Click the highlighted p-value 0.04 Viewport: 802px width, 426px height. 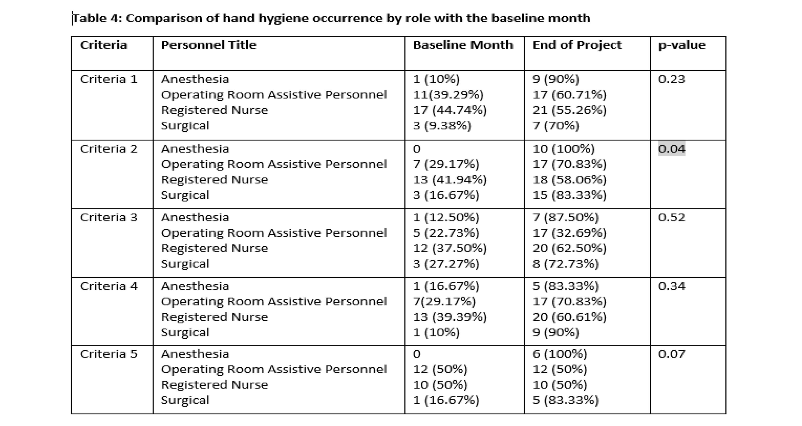pos(672,149)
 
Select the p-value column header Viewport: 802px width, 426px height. pos(682,45)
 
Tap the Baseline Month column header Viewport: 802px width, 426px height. pos(463,45)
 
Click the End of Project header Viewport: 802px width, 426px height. pos(577,45)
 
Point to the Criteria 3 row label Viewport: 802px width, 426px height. pos(109,217)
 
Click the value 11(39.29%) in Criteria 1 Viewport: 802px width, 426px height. pos(448,95)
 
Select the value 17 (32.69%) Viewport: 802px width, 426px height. pos(569,233)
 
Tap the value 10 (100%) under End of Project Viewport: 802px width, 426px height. pos(564,149)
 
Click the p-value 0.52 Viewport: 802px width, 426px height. pos(672,217)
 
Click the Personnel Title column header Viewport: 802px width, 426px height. pos(209,45)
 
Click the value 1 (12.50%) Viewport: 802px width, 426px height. pos(446,217)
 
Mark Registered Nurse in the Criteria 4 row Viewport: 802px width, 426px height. pos(214,317)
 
